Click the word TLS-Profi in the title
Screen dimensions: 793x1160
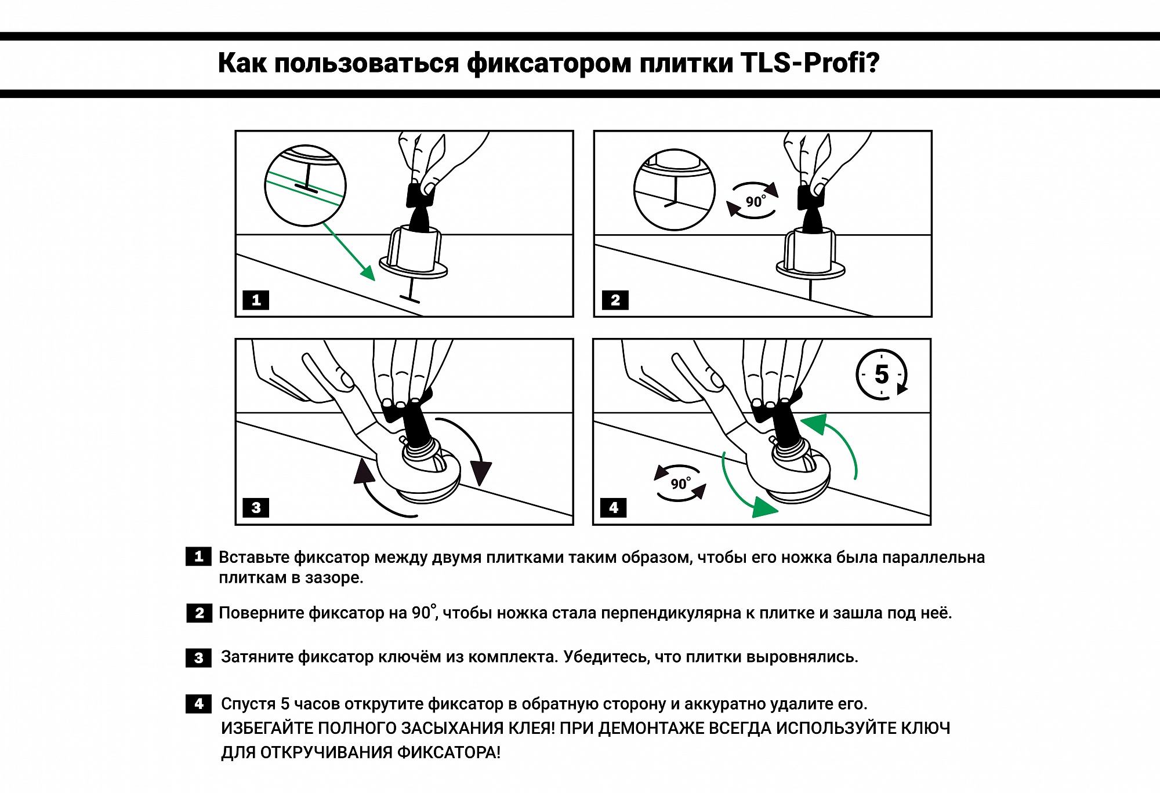810,63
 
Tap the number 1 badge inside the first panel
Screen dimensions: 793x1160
256,300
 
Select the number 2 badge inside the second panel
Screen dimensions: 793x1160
615,300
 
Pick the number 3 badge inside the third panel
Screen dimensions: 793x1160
256,508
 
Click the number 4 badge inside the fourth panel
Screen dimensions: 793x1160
614,508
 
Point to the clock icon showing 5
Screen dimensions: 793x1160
881,374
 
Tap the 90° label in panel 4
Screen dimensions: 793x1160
680,483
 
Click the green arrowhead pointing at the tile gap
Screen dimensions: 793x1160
368,272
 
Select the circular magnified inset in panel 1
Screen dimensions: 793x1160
305,185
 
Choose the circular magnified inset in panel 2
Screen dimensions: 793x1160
674,190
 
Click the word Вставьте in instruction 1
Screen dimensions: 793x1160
253,558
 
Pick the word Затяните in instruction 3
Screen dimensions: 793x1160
257,657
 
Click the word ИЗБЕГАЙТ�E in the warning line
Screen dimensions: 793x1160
267,729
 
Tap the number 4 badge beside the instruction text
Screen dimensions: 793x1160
198,704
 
